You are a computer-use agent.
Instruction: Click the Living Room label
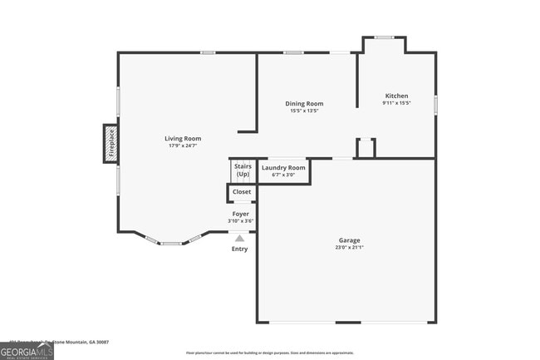pos(182,139)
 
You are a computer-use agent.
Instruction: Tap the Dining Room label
pos(304,103)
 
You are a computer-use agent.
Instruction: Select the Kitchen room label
pos(395,96)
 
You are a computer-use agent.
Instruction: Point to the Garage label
pos(349,240)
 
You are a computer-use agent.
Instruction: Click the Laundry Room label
pos(283,168)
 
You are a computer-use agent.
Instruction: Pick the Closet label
pos(241,192)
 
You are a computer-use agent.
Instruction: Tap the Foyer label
pos(240,215)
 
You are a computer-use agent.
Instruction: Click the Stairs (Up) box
pos(242,170)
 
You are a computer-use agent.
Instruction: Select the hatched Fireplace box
pos(110,143)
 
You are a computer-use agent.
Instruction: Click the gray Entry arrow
pos(239,238)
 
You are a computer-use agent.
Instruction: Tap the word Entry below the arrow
pos(239,249)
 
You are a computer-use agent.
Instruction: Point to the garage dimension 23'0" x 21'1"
pos(349,247)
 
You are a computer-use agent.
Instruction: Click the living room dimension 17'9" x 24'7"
pos(182,146)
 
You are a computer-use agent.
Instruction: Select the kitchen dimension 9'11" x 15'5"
pos(395,103)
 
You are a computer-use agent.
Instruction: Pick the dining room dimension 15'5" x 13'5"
pos(304,111)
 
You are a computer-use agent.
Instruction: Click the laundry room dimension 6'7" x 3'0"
pos(283,175)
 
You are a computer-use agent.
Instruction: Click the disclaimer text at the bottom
pos(270,353)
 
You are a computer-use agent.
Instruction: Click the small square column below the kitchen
pos(366,148)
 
